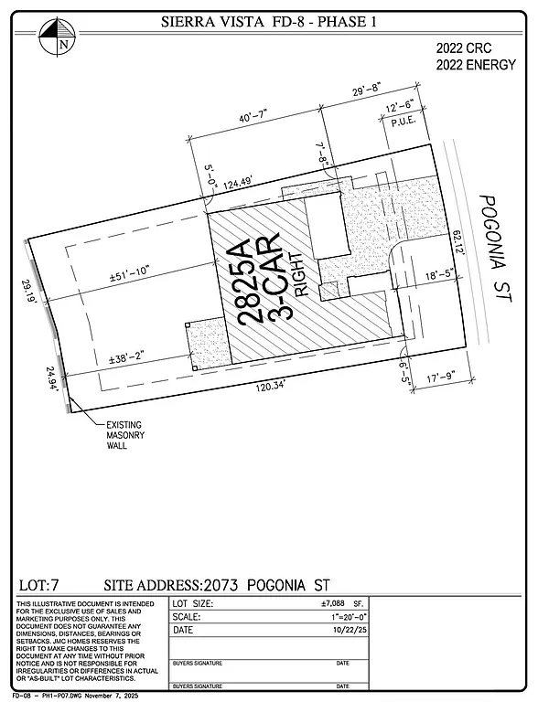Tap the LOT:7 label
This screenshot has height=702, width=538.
tap(39, 584)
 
